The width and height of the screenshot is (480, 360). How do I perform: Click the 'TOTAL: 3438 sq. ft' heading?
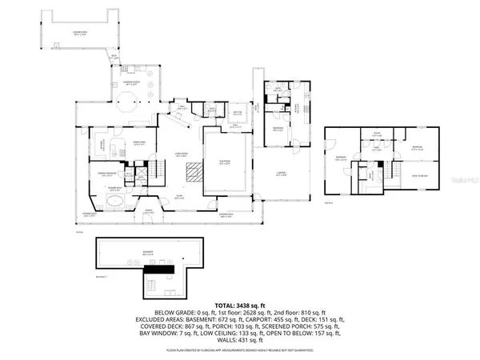tap(240, 305)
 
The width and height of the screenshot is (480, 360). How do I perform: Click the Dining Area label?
tap(137, 143)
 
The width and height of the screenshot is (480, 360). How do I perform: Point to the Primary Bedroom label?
tap(109, 174)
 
